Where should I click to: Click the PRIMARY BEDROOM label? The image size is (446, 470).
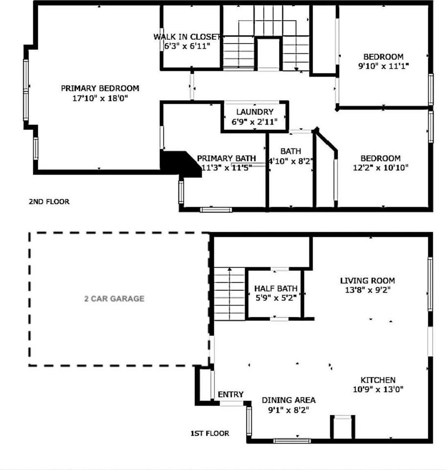100,89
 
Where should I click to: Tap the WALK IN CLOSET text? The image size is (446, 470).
188,37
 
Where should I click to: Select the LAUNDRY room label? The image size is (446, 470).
255,112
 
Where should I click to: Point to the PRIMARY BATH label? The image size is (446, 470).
226,158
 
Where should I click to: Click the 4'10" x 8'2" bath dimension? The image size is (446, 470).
290,161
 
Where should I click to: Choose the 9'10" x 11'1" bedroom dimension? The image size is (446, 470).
384,66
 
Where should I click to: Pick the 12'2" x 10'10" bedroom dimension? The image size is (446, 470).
381,167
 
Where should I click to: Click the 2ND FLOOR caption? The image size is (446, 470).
49,201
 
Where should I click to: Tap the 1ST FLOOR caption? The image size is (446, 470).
210,433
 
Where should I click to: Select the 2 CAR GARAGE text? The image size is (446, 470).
114,299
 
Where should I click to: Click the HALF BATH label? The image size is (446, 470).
276,288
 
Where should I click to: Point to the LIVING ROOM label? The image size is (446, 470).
368,281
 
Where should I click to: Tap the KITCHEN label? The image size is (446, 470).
378,380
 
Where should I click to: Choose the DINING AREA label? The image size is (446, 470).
289,400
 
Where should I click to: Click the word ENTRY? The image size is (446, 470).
231,395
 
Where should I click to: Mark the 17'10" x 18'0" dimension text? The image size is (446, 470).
100,98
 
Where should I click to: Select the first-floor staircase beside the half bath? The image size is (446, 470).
230,294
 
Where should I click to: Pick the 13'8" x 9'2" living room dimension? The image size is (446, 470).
368,290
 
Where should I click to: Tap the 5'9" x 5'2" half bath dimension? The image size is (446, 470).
276,298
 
